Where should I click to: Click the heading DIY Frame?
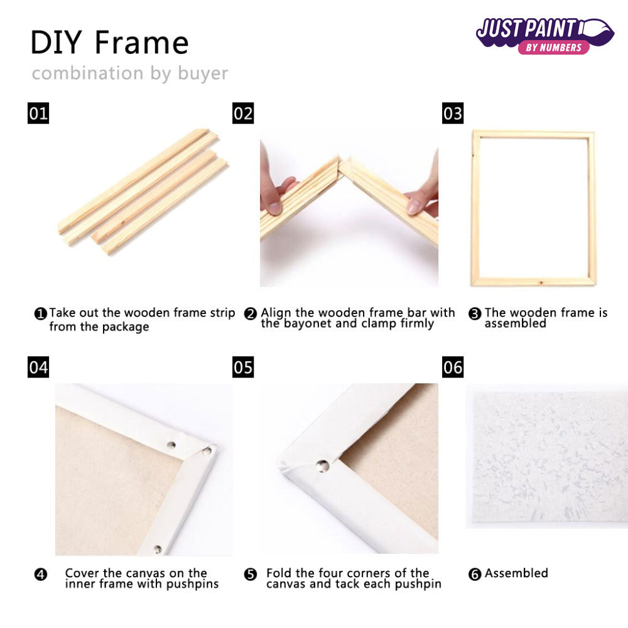[109, 43]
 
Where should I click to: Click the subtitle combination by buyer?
[130, 73]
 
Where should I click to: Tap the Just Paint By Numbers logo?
[544, 35]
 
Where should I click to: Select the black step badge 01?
[38, 113]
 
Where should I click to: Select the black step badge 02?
[243, 113]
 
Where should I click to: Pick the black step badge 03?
[453, 113]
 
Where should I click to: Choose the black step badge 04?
[38, 367]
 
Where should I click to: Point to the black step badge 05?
[243, 367]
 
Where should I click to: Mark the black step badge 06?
[453, 367]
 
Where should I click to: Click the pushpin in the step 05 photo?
[322, 465]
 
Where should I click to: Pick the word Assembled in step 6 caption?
[516, 573]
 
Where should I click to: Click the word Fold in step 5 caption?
[279, 573]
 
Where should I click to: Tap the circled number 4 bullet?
[41, 574]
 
